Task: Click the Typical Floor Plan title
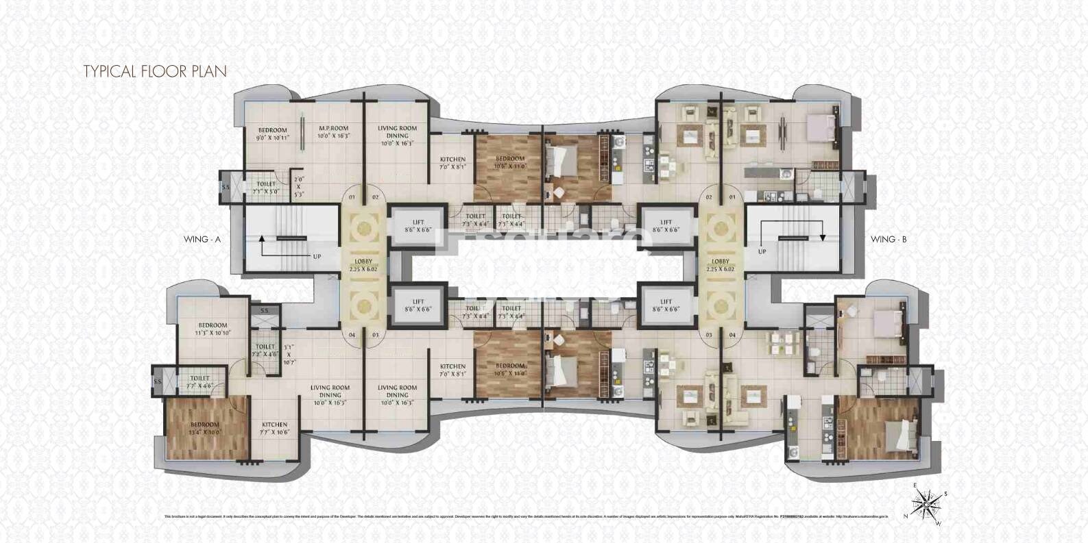(155, 71)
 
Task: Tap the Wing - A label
(202, 239)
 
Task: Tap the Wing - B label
(888, 239)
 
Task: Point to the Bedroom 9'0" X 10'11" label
(272, 134)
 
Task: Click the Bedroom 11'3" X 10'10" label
(213, 329)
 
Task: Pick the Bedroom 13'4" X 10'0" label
(205, 428)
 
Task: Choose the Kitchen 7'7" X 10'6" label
(274, 428)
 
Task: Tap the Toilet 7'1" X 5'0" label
(266, 188)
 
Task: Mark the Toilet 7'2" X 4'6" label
(265, 351)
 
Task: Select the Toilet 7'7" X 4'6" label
(200, 381)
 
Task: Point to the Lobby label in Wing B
(721, 264)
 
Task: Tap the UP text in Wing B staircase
(762, 251)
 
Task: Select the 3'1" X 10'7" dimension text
(289, 354)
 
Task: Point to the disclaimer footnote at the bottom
(526, 516)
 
